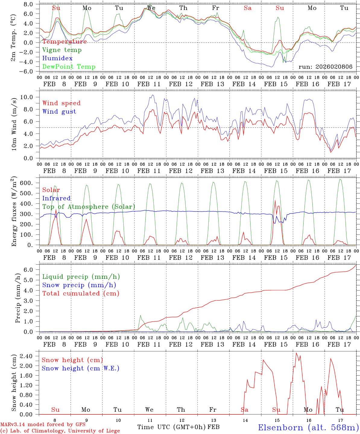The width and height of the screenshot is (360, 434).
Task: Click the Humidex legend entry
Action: tap(57, 58)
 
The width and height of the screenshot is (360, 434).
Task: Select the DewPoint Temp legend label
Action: tap(69, 67)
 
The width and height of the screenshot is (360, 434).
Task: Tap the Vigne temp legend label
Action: tap(62, 50)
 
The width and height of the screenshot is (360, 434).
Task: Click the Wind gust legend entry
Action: tap(59, 112)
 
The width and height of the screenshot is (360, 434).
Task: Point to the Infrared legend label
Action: tap(56, 198)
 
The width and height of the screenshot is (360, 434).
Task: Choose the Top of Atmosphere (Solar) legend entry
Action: tap(89, 207)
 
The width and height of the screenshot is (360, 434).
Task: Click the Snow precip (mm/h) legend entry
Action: tap(79, 285)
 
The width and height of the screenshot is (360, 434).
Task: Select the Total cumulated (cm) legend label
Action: tap(81, 293)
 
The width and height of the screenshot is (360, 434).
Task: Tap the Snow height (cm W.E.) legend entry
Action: tap(81, 368)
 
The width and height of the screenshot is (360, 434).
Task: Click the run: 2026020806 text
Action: tap(325, 67)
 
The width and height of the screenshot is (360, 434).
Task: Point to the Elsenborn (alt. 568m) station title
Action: tap(308, 427)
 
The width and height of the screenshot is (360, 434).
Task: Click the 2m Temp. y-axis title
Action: tap(14, 37)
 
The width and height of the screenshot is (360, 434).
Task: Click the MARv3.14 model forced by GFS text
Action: tap(43, 425)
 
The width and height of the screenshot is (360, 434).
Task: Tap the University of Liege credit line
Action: tap(60, 431)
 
